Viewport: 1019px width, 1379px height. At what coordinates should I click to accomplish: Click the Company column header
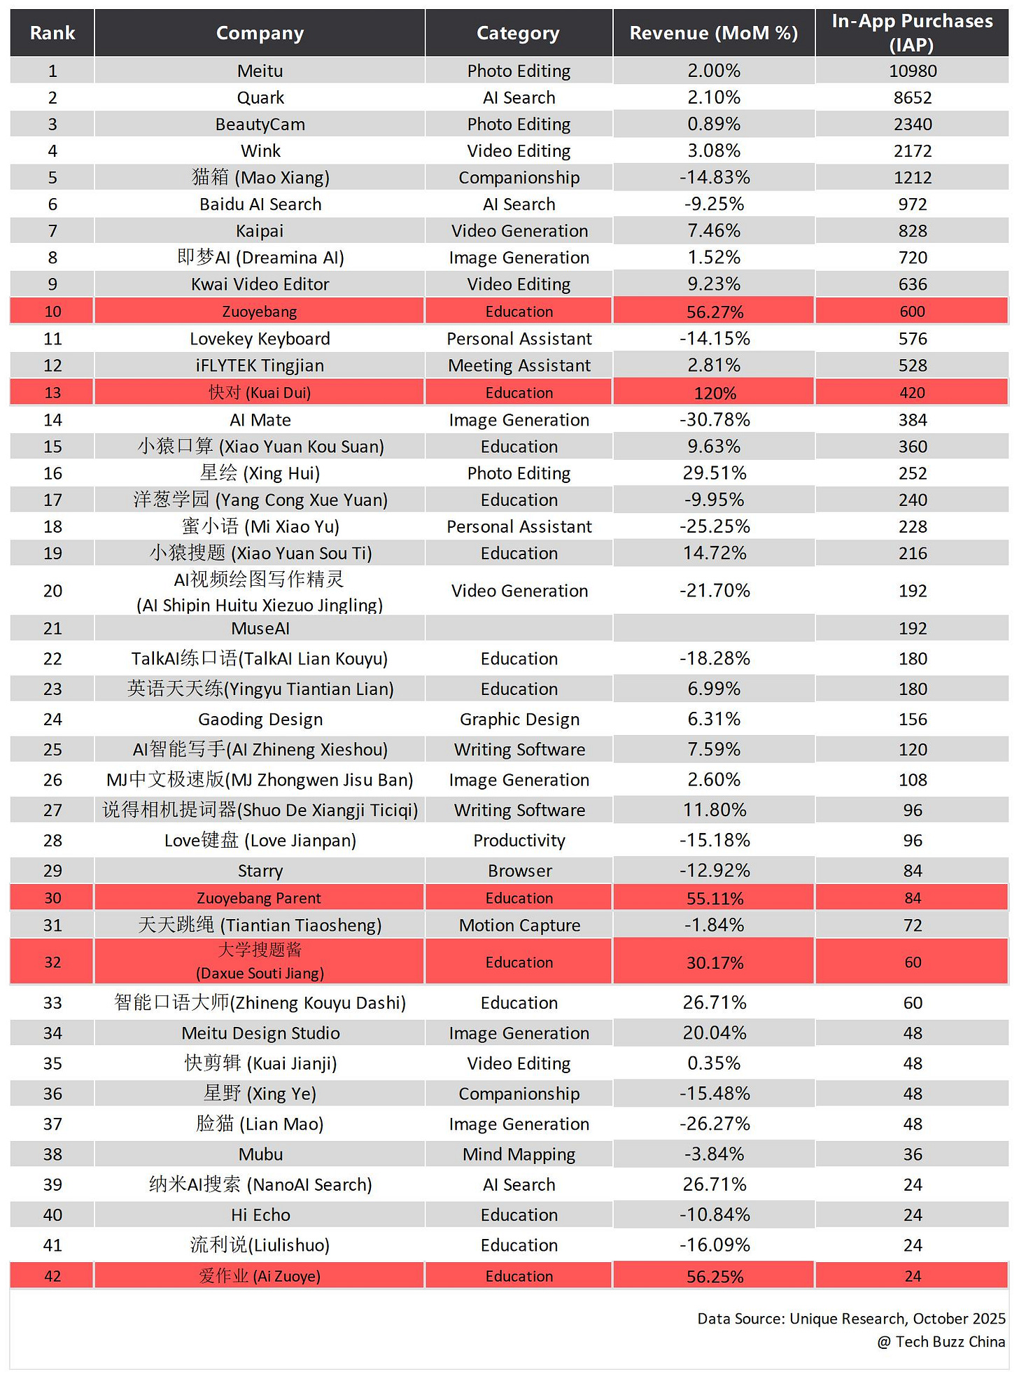[x=260, y=33]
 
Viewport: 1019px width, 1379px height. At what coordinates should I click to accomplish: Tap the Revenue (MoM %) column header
[x=713, y=33]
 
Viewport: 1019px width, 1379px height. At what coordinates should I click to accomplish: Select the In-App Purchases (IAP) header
[x=912, y=33]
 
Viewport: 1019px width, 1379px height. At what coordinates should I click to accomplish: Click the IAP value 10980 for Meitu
[x=913, y=71]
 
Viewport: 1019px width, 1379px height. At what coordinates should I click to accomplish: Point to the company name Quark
[x=260, y=97]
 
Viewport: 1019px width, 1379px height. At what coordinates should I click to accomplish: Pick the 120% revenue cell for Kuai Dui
[x=715, y=393]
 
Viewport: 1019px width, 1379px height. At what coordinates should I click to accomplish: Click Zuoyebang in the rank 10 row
[x=260, y=311]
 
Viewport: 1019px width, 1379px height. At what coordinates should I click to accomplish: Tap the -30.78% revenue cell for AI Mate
[x=715, y=419]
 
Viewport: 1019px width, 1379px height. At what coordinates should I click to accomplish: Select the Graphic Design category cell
[x=519, y=719]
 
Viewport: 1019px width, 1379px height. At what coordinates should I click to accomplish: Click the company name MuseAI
[x=260, y=628]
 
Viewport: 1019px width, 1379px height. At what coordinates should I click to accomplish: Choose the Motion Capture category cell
[x=519, y=925]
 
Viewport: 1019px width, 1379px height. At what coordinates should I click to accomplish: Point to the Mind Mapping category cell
[x=519, y=1154]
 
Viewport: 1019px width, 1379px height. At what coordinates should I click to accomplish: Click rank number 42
[x=52, y=1275]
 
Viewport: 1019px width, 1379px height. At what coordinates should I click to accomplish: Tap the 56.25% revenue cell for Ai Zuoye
[x=715, y=1276]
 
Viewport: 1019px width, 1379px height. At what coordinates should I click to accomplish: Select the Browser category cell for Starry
[x=519, y=870]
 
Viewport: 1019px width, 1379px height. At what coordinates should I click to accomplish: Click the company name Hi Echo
[x=260, y=1214]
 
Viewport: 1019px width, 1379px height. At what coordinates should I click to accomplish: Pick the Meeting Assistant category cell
[x=519, y=365]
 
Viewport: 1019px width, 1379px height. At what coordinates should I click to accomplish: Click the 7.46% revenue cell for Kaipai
[x=714, y=230]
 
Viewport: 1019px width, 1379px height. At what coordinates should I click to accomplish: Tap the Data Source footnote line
[x=851, y=1318]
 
